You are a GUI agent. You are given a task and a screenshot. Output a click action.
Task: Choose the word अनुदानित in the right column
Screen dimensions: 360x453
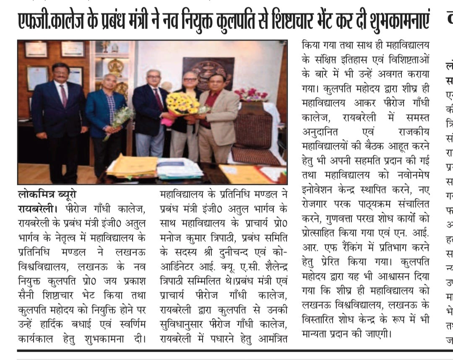322,132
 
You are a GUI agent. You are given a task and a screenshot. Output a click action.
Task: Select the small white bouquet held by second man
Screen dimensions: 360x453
121,117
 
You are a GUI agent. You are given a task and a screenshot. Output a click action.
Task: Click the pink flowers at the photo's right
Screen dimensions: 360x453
251,94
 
